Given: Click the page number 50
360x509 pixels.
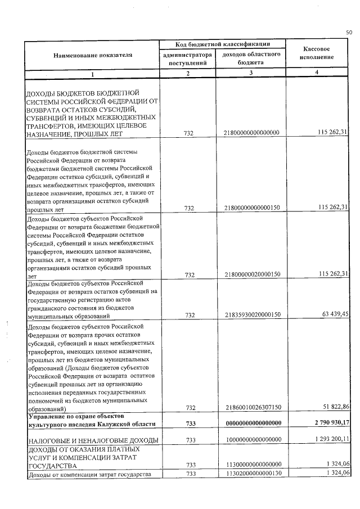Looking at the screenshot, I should (349, 33).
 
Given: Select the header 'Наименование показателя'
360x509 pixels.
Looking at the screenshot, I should (93, 56).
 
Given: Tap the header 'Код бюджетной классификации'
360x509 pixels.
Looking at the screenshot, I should (223, 44).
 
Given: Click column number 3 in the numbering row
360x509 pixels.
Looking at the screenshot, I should (251, 74).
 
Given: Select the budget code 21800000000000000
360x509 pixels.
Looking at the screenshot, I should (252, 133).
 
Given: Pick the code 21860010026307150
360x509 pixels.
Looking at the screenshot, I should (252, 407).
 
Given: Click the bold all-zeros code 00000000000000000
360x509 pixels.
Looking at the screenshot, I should (252, 423).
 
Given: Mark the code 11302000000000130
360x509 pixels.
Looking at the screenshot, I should (252, 474).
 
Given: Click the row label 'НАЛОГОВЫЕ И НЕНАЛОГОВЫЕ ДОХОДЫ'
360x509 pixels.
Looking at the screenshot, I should (92, 439).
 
